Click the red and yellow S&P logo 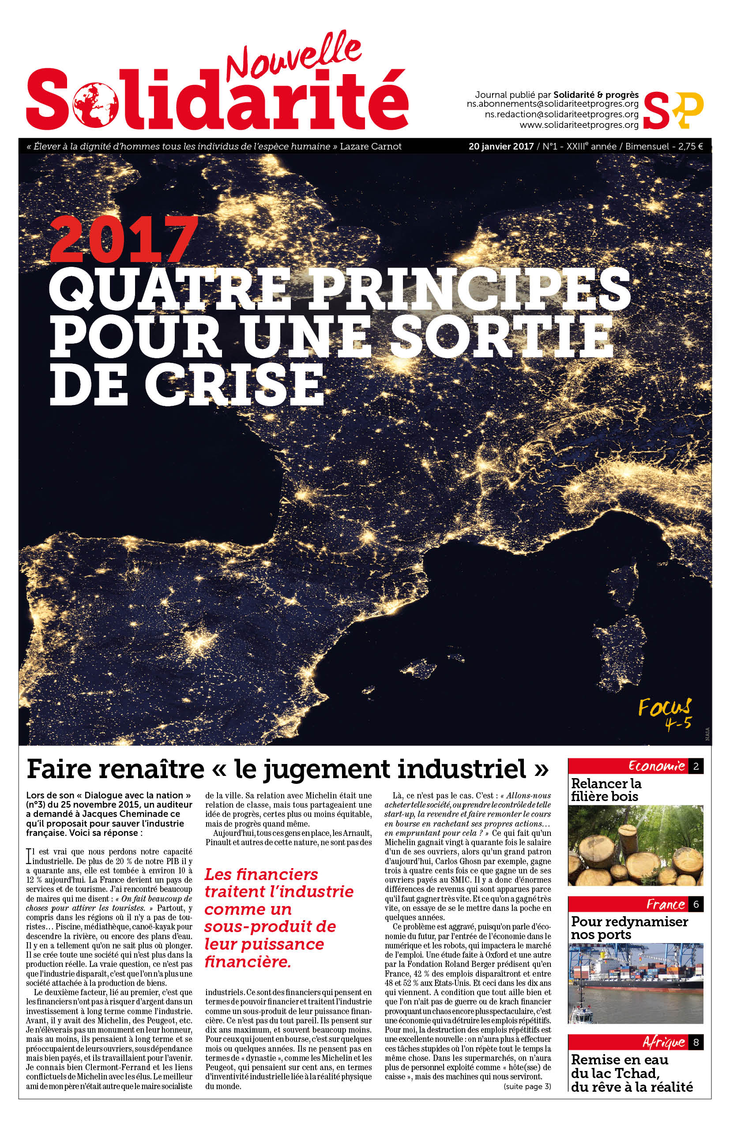[673, 110]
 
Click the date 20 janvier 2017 [501, 146]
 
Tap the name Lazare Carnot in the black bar [371, 146]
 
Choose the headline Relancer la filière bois [606, 790]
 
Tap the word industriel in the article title [476, 770]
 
